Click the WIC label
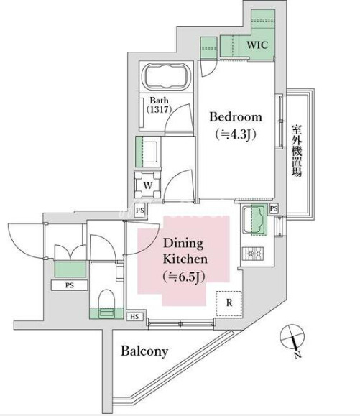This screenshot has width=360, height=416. click(257, 45)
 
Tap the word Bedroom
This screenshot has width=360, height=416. click(236, 117)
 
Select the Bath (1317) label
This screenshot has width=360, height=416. click(159, 105)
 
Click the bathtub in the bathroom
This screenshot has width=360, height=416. click(166, 76)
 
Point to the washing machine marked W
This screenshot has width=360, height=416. click(147, 185)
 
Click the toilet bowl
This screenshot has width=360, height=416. click(106, 303)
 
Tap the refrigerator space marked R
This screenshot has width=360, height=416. click(229, 303)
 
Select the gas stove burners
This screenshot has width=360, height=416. click(253, 253)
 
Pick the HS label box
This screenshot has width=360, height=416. click(134, 317)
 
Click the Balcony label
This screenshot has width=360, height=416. click(144, 351)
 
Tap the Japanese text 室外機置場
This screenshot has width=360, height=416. click(297, 150)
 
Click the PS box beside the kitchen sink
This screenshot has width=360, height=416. click(274, 208)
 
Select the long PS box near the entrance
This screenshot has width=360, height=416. click(69, 285)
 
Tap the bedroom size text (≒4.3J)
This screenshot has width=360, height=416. click(236, 134)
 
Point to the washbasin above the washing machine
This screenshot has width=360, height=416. click(149, 152)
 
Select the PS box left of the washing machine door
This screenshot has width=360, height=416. click(140, 210)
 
